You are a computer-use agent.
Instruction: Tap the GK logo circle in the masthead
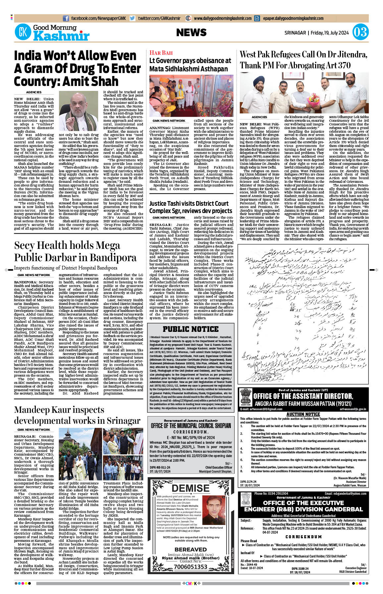[23, 33]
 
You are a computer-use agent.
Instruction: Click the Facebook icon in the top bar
[66, 18]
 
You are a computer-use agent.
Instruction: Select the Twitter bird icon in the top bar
[133, 18]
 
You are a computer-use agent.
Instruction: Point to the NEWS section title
[191, 33]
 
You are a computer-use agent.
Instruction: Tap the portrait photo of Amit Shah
[79, 111]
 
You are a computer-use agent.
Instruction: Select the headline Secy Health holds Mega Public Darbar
[75, 251]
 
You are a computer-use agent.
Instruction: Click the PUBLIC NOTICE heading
[191, 329]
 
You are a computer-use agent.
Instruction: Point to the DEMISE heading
[191, 488]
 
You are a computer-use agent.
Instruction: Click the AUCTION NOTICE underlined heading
[303, 414]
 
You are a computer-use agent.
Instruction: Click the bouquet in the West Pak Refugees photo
[313, 99]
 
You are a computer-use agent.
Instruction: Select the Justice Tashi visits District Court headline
[191, 207]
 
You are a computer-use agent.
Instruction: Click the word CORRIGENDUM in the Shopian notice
[191, 432]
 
